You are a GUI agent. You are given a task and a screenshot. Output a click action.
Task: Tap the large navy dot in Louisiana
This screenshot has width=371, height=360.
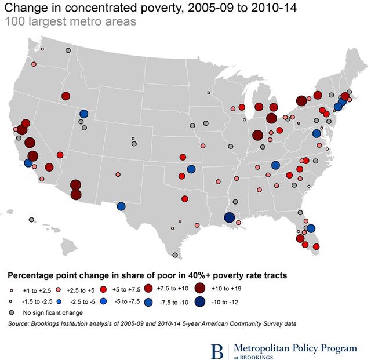tap(229, 217)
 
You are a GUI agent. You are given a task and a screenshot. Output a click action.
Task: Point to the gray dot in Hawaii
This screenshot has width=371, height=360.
tap(31, 220)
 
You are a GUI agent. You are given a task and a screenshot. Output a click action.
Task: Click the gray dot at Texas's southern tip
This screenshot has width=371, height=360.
tap(174, 254)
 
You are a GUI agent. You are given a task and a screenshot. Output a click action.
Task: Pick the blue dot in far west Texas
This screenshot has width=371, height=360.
tap(121, 206)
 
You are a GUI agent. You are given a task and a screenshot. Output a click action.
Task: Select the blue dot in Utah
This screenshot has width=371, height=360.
tap(84, 114)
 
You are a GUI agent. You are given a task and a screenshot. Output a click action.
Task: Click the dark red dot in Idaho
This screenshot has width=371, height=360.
tap(66, 96)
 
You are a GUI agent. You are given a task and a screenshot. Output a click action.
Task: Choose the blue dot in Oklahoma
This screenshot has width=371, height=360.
tap(191, 169)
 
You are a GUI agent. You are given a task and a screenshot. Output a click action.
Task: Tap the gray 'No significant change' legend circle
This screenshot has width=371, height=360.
tap(12, 313)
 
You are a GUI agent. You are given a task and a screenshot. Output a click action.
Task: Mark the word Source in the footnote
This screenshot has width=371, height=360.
tap(21, 323)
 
